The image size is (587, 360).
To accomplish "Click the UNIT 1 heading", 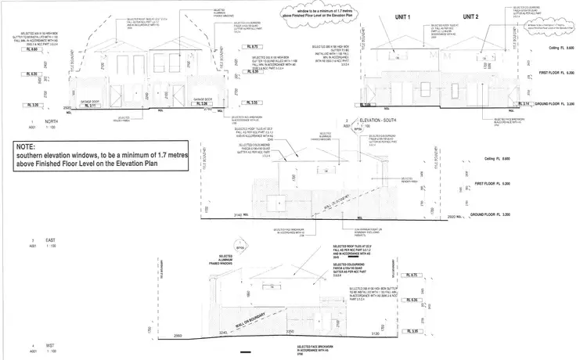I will click(x=404, y=16).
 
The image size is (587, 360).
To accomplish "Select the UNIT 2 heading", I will click(x=470, y=16).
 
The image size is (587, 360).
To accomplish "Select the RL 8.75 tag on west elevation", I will click(x=414, y=276).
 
